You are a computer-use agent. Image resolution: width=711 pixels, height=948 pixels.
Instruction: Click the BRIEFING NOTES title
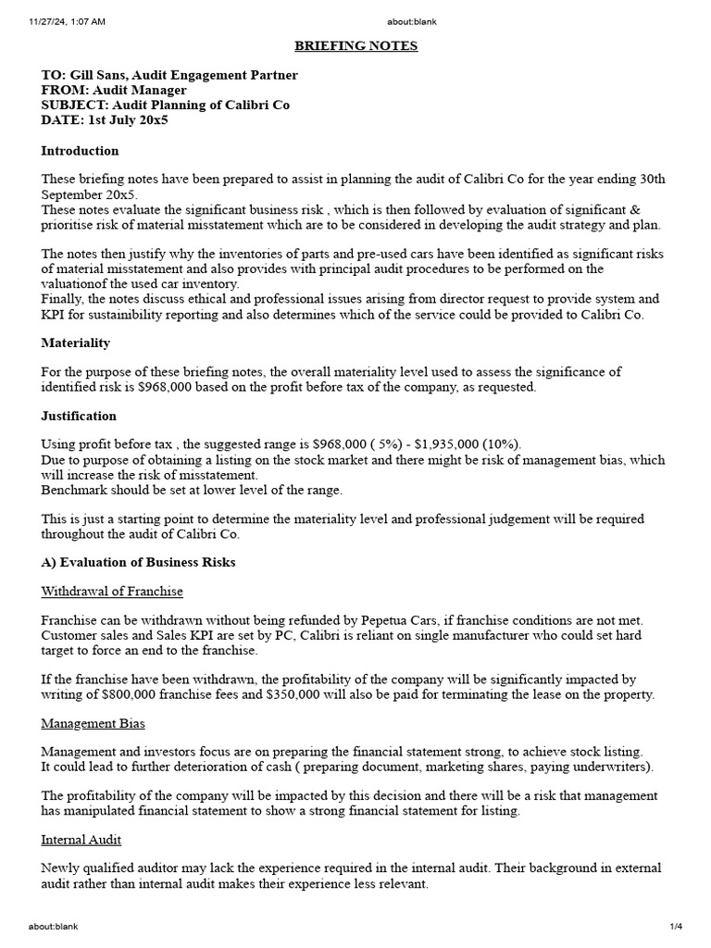(x=355, y=46)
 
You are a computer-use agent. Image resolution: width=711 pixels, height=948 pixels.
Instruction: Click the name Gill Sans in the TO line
(x=97, y=76)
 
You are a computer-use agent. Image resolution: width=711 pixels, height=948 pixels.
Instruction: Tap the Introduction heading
(x=80, y=151)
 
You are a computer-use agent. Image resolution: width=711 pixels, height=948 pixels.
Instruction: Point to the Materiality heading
(x=75, y=343)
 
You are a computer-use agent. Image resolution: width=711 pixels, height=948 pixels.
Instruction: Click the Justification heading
(x=79, y=416)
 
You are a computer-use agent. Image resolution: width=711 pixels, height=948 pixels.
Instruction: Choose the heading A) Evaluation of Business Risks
(x=138, y=562)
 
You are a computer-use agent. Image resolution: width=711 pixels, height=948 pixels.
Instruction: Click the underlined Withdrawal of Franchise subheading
(x=112, y=591)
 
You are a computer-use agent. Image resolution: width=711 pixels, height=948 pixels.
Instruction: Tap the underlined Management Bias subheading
(x=93, y=723)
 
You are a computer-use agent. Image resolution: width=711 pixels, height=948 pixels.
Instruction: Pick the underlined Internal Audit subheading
(x=81, y=840)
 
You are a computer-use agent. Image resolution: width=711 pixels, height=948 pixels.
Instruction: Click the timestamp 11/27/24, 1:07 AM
(x=67, y=20)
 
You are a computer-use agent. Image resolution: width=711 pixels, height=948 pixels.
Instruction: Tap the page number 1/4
(x=675, y=926)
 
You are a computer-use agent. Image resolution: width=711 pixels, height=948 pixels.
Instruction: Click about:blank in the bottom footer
(x=53, y=926)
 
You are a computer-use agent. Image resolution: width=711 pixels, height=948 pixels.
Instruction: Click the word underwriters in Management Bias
(x=611, y=767)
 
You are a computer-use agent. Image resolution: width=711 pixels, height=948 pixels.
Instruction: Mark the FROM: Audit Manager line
(x=114, y=91)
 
